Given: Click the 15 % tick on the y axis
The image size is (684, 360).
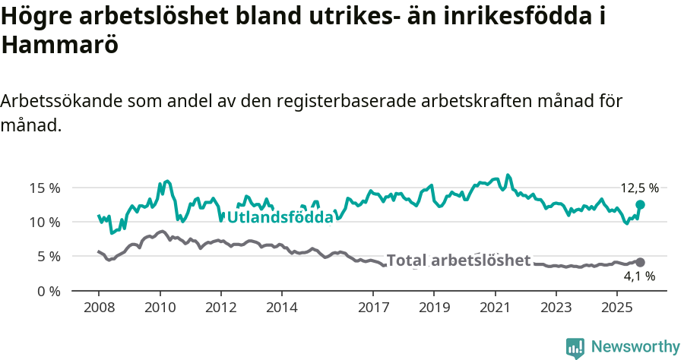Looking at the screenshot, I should [45, 188].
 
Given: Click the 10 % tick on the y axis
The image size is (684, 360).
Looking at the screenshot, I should [45, 223].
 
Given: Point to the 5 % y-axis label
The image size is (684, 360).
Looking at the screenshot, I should [48, 257].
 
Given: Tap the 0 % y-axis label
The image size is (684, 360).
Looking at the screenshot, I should [48, 292].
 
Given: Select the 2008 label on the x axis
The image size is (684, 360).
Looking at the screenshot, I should [99, 309].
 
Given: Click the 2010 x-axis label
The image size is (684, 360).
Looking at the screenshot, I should [160, 309].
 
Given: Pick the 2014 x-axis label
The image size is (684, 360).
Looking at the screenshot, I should [281, 309].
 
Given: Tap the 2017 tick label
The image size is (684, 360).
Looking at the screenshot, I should [373, 309].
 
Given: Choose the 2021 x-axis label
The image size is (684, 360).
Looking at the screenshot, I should [495, 309].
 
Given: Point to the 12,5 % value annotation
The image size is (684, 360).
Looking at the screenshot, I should [639, 188].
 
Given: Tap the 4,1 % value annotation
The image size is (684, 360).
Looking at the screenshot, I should [639, 276].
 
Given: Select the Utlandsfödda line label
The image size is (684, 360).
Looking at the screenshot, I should [280, 218].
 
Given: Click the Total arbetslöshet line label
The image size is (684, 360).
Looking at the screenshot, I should [458, 261].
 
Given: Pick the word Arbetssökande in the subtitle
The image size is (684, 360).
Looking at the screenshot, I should [62, 102].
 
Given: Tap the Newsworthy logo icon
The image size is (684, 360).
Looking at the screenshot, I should [575, 348].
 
